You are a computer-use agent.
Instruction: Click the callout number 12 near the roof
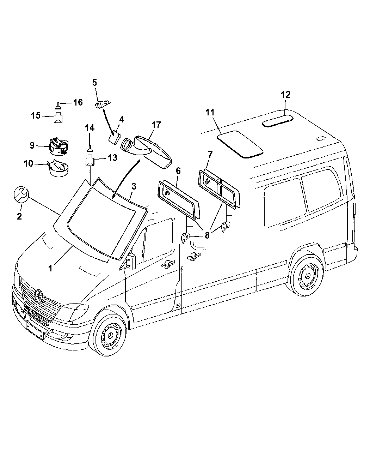(285, 95)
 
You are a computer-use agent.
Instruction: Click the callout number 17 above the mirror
(156, 125)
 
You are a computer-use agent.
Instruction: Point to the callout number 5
(94, 83)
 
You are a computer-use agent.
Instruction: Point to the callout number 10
(28, 163)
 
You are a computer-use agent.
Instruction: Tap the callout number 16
(78, 102)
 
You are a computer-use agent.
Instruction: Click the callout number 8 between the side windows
(207, 235)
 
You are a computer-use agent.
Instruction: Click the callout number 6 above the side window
(178, 171)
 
